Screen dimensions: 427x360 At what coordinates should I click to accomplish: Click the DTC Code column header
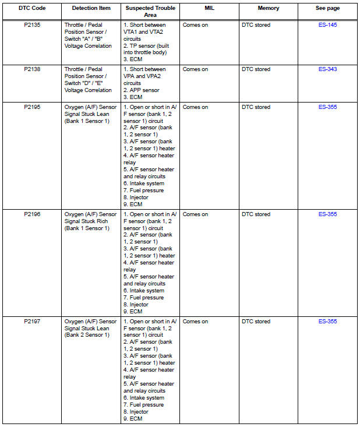(32, 9)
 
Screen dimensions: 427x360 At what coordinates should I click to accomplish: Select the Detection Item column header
(91, 9)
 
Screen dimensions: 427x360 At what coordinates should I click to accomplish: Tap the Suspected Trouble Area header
(150, 12)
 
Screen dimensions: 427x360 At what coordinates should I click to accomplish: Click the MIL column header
(209, 9)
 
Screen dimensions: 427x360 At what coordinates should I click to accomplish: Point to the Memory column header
(269, 9)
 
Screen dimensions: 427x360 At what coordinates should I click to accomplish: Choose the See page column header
(327, 9)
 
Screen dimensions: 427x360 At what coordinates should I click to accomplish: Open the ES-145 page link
(327, 26)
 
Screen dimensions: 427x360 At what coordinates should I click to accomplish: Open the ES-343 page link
(327, 69)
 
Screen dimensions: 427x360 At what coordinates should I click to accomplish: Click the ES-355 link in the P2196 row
(327, 214)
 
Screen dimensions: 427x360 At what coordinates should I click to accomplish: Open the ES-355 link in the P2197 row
(327, 322)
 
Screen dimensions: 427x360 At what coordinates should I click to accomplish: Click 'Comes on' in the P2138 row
(195, 69)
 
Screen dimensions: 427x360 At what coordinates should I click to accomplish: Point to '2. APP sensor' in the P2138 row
(143, 90)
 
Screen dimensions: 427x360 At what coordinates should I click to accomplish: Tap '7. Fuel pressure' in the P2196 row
(143, 298)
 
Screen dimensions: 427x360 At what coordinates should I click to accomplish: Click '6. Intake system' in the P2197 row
(143, 398)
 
